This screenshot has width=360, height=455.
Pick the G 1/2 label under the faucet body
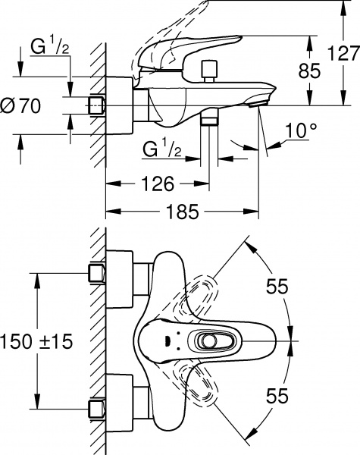[x=162, y=149]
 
